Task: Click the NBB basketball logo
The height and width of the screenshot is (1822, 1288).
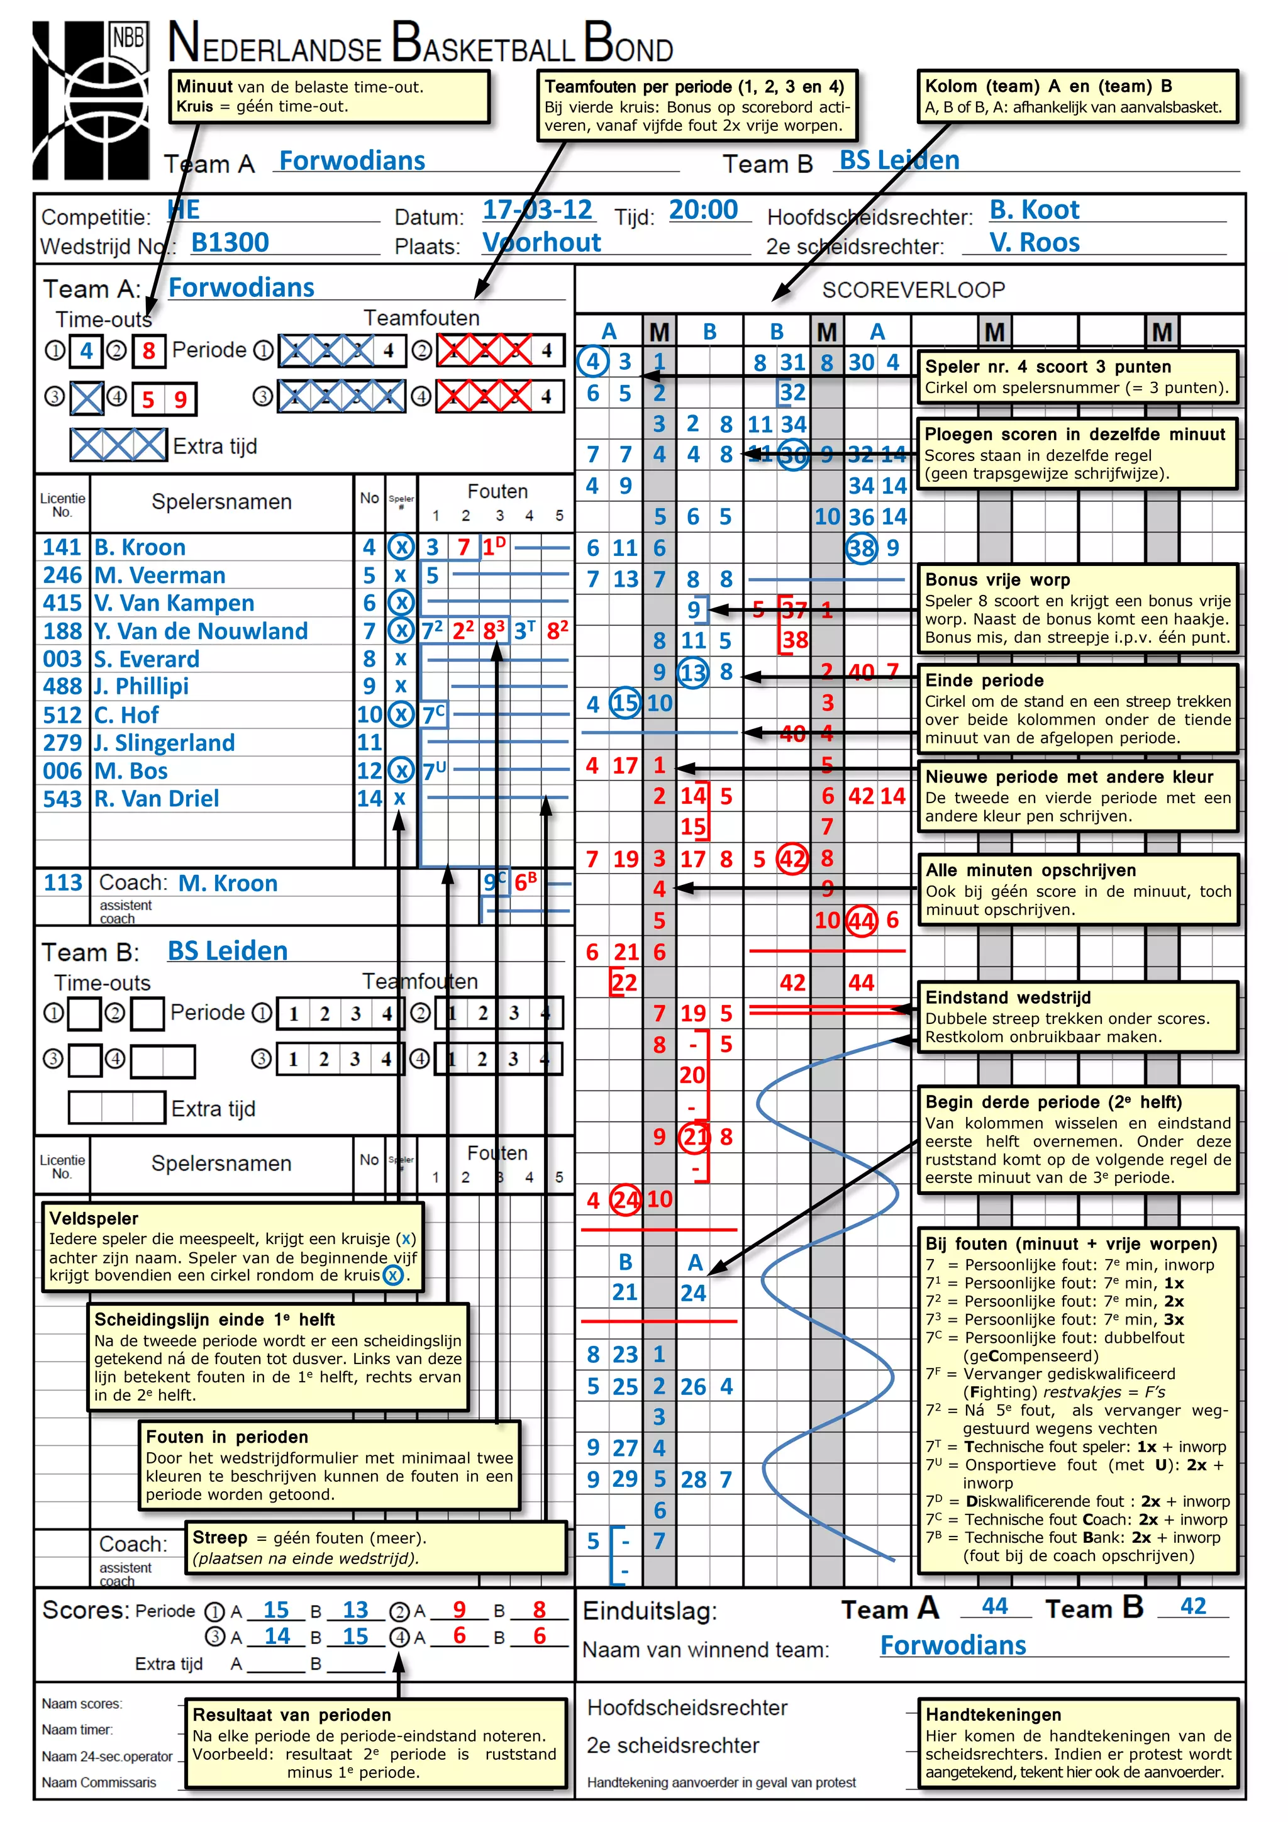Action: click(x=90, y=99)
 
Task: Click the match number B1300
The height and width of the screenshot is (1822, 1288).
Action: click(x=230, y=242)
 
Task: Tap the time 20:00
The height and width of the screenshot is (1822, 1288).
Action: click(x=703, y=209)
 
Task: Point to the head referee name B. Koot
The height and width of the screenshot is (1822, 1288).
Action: click(x=1033, y=209)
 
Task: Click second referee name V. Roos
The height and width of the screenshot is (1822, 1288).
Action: click(x=1033, y=242)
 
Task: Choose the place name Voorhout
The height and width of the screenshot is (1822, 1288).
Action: click(x=541, y=242)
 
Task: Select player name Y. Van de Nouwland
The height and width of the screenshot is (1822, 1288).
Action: click(x=201, y=631)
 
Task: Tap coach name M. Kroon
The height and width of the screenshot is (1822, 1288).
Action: click(x=228, y=883)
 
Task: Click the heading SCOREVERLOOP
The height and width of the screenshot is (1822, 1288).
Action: click(x=913, y=290)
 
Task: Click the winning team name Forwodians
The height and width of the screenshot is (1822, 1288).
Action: click(x=952, y=1645)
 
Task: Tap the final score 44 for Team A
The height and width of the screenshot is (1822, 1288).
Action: click(x=994, y=1606)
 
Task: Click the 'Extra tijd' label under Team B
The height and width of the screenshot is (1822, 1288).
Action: click(x=213, y=1109)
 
